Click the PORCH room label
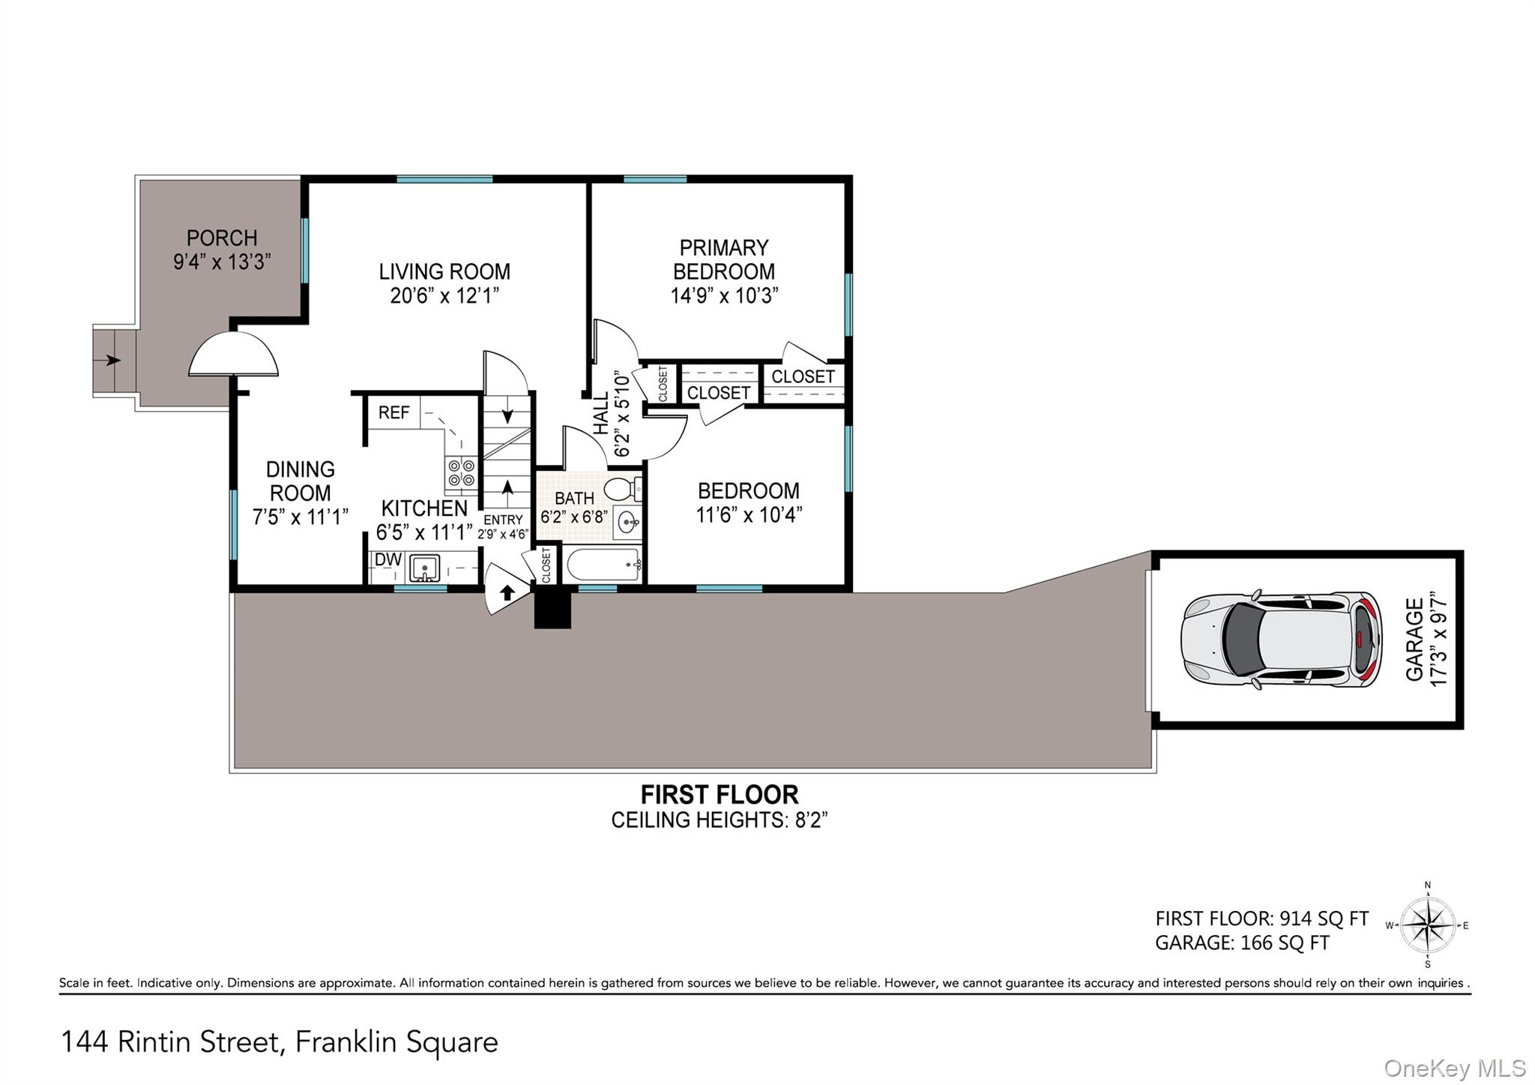pyautogui.click(x=222, y=238)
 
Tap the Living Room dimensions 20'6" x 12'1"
pyautogui.click(x=444, y=295)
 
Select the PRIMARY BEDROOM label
pyautogui.click(x=723, y=259)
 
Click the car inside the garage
pyautogui.click(x=1281, y=640)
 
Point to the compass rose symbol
pyautogui.click(x=1428, y=925)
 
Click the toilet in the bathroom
pyautogui.click(x=621, y=490)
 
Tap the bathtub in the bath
pyautogui.click(x=603, y=564)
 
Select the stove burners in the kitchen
pyautogui.click(x=461, y=472)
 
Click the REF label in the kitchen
pyautogui.click(x=393, y=412)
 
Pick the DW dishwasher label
pyautogui.click(x=387, y=559)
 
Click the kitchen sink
pyautogui.click(x=425, y=568)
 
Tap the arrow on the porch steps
pyautogui.click(x=112, y=361)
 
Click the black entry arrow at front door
pyautogui.click(x=507, y=593)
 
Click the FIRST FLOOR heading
pyautogui.click(x=719, y=794)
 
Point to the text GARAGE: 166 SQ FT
pyautogui.click(x=1242, y=943)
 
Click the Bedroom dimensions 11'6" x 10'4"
pyautogui.click(x=749, y=515)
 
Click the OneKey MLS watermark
pyautogui.click(x=1454, y=1068)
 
